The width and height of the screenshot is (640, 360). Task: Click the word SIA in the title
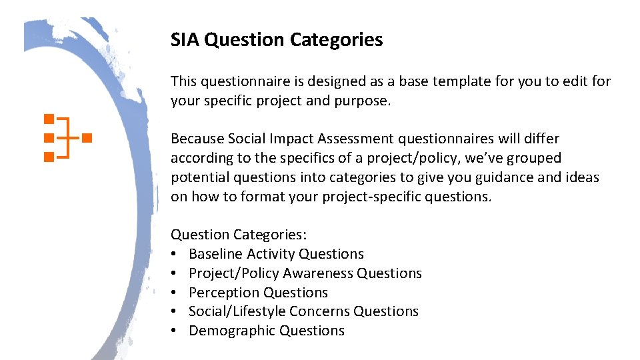pyautogui.click(x=185, y=41)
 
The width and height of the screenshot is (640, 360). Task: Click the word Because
pyautogui.click(x=197, y=139)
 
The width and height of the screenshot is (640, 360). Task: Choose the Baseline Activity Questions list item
pyautogui.click(x=276, y=254)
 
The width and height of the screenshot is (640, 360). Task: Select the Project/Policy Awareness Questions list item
pyautogui.click(x=305, y=273)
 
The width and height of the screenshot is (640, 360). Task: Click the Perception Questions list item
pyautogui.click(x=258, y=293)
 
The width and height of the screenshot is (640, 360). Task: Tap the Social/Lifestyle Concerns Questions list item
pyautogui.click(x=303, y=311)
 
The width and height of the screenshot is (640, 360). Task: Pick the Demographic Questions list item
pyautogui.click(x=267, y=331)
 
